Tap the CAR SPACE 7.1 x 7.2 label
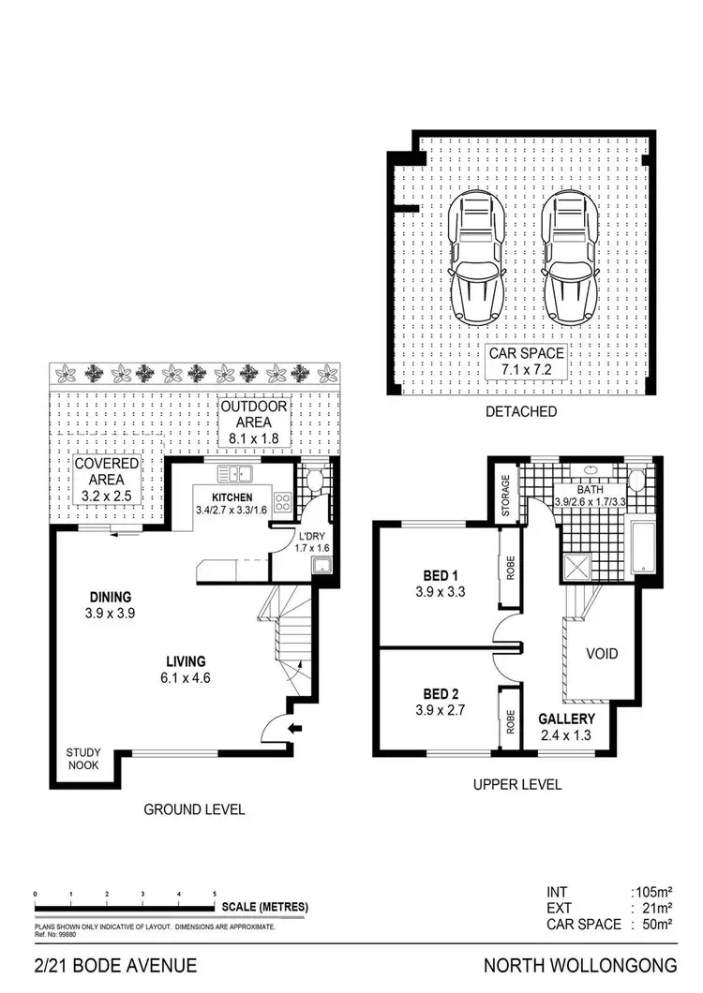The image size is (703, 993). (x=526, y=362)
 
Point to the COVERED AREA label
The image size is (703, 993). (x=107, y=479)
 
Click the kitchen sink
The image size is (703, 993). (x=231, y=474)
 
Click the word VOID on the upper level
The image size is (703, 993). (x=601, y=654)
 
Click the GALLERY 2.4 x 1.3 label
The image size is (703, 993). (x=566, y=727)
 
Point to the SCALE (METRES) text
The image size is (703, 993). (x=265, y=907)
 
